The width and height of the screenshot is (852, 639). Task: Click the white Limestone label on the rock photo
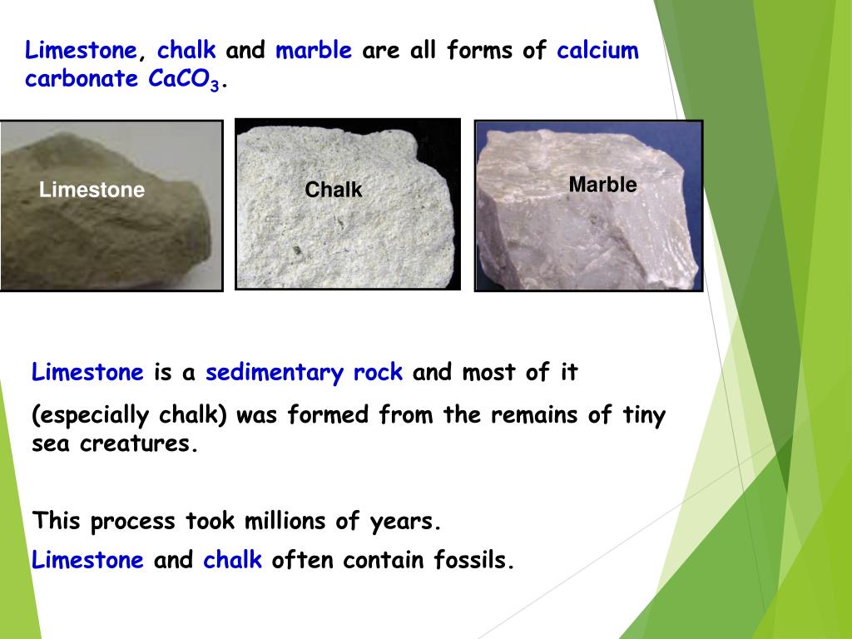tap(92, 191)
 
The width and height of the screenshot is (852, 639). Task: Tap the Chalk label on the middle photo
tap(334, 191)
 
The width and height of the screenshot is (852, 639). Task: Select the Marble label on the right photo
tap(602, 185)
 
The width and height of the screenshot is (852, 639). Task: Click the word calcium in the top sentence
tap(597, 52)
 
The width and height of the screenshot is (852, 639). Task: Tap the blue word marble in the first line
tap(314, 52)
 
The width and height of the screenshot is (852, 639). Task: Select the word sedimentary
tap(275, 373)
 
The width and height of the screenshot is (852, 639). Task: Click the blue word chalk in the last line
tap(233, 561)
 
